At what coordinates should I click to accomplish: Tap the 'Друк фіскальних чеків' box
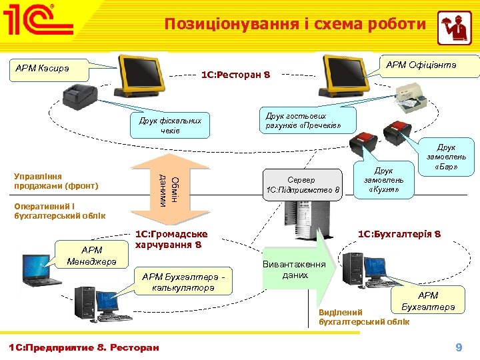point(170,125)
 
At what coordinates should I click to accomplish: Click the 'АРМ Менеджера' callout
point(91,255)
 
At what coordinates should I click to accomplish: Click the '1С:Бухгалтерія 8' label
point(399,234)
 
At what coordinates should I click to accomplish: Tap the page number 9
point(458,347)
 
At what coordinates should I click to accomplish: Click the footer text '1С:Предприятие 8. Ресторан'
point(83,347)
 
